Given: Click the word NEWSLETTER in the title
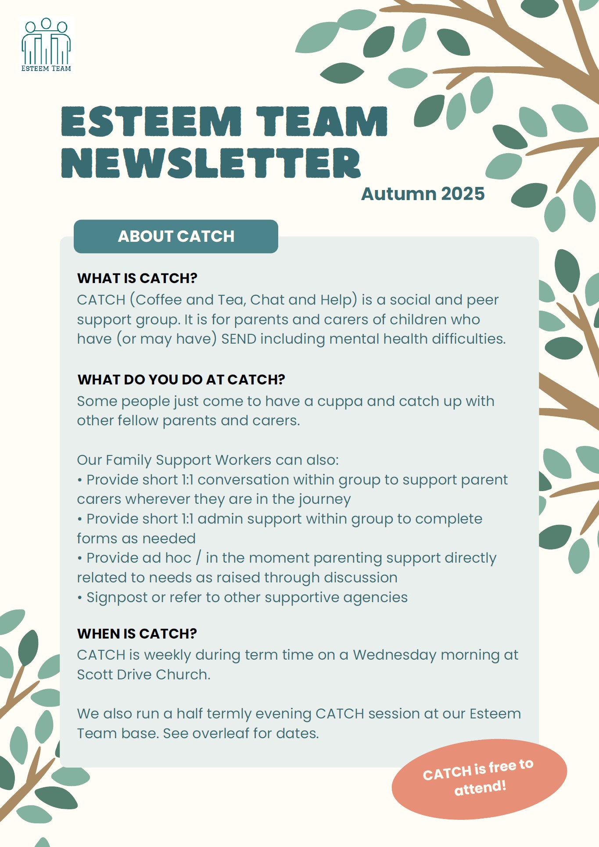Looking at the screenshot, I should coord(211,163).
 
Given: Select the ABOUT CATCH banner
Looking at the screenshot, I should coord(176,237).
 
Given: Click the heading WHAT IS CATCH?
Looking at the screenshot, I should coord(137,278).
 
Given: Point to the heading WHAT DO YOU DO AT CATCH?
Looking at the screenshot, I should coord(181,380).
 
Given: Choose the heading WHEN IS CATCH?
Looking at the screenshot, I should coord(137,634).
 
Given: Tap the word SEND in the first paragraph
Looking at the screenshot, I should coord(239,339).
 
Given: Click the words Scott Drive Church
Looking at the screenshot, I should coord(143,675).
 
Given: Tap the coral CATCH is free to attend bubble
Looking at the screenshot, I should coord(479,779).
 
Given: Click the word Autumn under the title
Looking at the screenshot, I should coord(398,194).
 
